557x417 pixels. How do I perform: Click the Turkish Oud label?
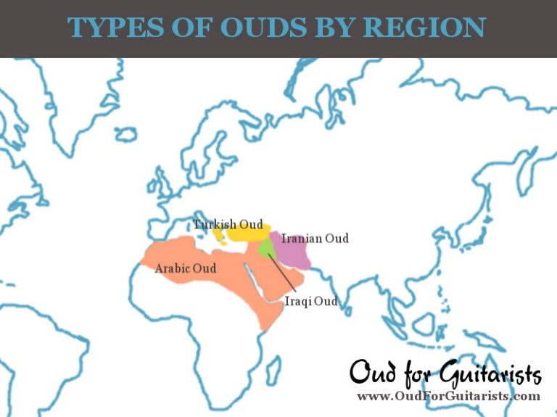[228, 224]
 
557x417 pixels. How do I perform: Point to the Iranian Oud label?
[315, 238]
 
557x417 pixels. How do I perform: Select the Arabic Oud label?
[186, 268]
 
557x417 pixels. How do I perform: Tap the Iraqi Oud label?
[311, 301]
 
